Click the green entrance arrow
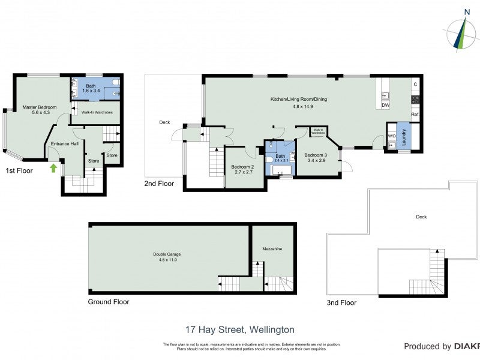click(x=53, y=168)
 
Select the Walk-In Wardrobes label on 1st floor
click(x=97, y=112)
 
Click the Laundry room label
click(x=403, y=139)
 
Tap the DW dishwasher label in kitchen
click(x=386, y=106)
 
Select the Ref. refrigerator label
click(x=415, y=114)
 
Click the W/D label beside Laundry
click(x=392, y=136)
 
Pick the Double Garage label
click(x=167, y=254)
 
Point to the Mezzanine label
click(x=272, y=248)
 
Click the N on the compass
click(x=467, y=11)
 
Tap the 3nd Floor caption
click(x=341, y=303)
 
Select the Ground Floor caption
click(x=109, y=302)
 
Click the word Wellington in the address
click(x=270, y=329)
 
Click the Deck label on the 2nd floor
click(x=164, y=122)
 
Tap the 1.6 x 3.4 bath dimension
click(x=91, y=91)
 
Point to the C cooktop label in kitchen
click(x=415, y=84)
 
